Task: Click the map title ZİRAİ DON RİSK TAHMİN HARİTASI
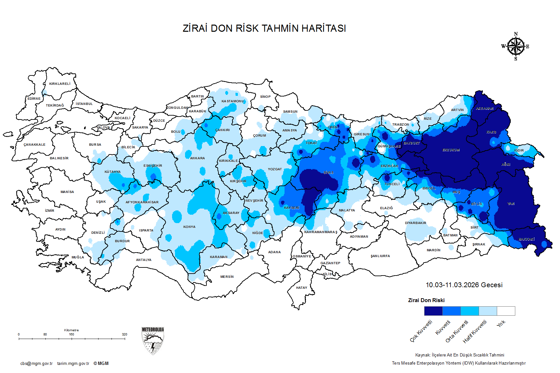pyautogui.click(x=264, y=28)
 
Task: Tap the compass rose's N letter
pyautogui.click(x=516, y=34)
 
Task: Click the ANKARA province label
pyautogui.click(x=197, y=158)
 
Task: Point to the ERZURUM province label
pyautogui.click(x=451, y=150)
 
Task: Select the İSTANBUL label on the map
pyautogui.click(x=84, y=104)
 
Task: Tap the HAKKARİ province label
pyautogui.click(x=526, y=239)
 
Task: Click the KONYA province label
pyautogui.click(x=189, y=227)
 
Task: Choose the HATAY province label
pyautogui.click(x=301, y=288)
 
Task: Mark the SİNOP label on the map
pyautogui.click(x=265, y=97)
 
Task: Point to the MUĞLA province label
pyautogui.click(x=78, y=257)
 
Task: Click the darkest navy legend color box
pyautogui.click(x=433, y=311)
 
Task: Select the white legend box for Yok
pyautogui.click(x=506, y=311)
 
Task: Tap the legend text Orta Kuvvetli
pyautogui.click(x=457, y=331)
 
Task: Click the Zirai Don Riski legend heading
pyautogui.click(x=426, y=300)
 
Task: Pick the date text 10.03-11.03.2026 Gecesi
pyautogui.click(x=464, y=285)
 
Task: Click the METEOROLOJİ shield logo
pyautogui.click(x=153, y=341)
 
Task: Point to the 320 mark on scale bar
pyautogui.click(x=124, y=334)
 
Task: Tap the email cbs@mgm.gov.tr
pyautogui.click(x=36, y=364)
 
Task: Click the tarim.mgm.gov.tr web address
pyautogui.click(x=73, y=364)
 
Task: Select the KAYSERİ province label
pyautogui.click(x=292, y=208)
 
